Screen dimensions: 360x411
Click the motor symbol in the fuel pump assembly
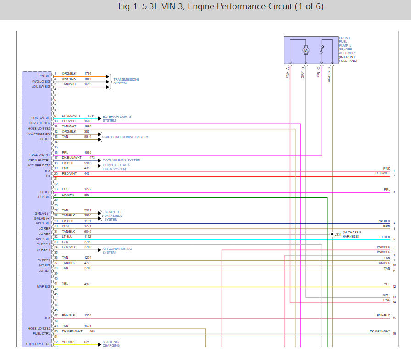tap(306, 50)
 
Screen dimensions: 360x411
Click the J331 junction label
tap(338, 234)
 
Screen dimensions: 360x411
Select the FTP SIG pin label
tap(44, 197)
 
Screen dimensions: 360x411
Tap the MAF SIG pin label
tap(44, 286)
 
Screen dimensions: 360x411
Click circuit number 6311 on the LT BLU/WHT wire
tap(91, 116)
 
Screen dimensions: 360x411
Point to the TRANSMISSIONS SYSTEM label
tap(126, 82)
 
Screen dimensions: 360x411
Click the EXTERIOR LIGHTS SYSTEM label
tap(117, 118)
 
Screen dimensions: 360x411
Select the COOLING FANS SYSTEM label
tap(122, 160)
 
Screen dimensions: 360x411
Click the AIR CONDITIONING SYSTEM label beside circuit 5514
tap(127, 137)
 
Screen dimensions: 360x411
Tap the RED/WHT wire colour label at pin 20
tap(69, 174)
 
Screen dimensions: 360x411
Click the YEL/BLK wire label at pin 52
tap(69, 342)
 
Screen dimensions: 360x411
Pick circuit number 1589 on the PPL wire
tap(88, 152)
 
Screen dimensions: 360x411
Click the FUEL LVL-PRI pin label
tap(40, 155)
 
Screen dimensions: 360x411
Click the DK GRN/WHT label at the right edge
tap(380, 331)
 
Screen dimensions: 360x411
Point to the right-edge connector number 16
tap(394, 334)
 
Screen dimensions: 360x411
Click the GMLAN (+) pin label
tap(42, 218)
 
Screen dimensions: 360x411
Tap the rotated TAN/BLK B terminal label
tap(329, 75)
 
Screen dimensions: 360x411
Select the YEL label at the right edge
tap(387, 284)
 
